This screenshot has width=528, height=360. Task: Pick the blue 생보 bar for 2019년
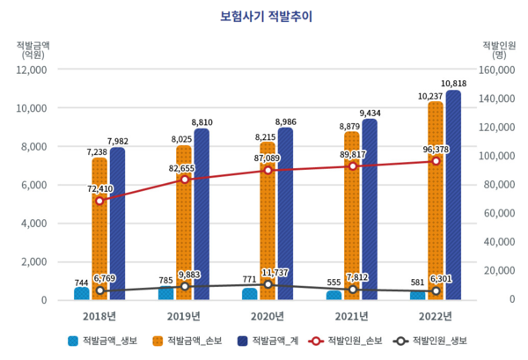point(165,292)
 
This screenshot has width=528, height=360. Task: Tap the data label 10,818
point(454,84)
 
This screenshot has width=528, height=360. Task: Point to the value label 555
point(334,283)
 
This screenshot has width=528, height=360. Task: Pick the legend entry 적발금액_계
point(269,341)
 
